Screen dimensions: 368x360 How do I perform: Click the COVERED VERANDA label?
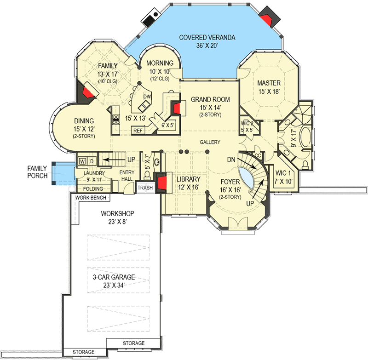pos(207,38)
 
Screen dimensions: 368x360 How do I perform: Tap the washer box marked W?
pos(82,161)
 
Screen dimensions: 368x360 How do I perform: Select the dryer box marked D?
pos(92,161)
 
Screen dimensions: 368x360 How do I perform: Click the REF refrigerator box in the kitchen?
pos(138,131)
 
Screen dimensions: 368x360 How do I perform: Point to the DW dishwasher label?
pos(147,97)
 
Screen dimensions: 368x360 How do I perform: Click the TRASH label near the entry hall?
pos(145,188)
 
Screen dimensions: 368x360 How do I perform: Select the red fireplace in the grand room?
pos(177,108)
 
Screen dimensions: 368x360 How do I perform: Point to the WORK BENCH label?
pos(91,198)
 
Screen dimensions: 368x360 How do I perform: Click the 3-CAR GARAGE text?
pos(114,277)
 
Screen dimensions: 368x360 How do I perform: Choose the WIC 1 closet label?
pos(283,173)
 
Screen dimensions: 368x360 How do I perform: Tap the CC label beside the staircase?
pos(258,155)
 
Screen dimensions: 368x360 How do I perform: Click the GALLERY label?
pos(210,142)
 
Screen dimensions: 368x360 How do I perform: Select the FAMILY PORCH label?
pos(37,172)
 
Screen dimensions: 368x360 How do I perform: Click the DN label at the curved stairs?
pos(231,160)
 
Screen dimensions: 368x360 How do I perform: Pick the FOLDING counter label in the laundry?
pos(93,189)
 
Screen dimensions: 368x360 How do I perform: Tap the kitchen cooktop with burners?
pos(116,120)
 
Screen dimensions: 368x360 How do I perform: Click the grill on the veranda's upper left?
pos(150,18)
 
